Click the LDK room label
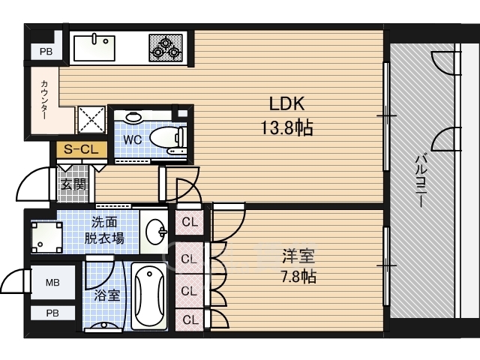(x=286, y=103)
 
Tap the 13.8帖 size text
(x=286, y=127)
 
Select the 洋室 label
(x=298, y=256)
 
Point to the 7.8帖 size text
(x=298, y=277)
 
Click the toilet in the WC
(x=168, y=137)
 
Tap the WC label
(x=133, y=139)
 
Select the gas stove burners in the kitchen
(x=166, y=48)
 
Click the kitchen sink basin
(x=94, y=48)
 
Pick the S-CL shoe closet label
(x=81, y=149)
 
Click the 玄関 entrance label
(x=73, y=184)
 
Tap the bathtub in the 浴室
(x=149, y=296)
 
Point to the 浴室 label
(x=106, y=295)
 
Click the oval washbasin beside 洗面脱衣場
(x=156, y=232)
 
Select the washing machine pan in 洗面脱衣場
(x=46, y=238)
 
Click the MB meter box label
(x=52, y=282)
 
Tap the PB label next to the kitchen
(x=46, y=52)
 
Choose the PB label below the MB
(x=52, y=313)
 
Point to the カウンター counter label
(x=44, y=100)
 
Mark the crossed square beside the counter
(x=91, y=120)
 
